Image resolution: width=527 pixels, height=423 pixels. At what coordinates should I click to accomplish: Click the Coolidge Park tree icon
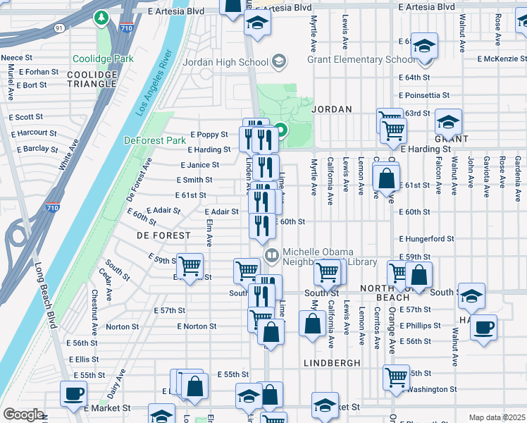coord(103,16)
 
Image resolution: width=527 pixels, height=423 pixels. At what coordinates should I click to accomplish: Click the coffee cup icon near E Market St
coord(73,395)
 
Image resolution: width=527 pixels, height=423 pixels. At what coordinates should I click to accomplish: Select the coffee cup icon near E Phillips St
coord(483,329)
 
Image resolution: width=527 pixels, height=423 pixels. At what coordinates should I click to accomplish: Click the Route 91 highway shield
coord(58,27)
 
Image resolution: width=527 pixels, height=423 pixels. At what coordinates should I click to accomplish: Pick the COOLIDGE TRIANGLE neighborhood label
coord(92,79)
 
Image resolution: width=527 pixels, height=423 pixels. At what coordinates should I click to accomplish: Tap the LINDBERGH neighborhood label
coord(332,362)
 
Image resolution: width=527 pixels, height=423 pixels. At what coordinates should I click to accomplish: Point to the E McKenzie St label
coord(501,59)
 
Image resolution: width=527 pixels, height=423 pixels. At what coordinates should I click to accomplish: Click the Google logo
coord(23,415)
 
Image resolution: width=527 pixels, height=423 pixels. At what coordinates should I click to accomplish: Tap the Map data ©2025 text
coord(496,417)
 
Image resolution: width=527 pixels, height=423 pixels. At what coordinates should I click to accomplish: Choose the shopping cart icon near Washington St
coord(396,377)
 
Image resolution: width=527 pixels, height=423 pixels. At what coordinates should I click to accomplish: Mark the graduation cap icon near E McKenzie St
coord(424,47)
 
